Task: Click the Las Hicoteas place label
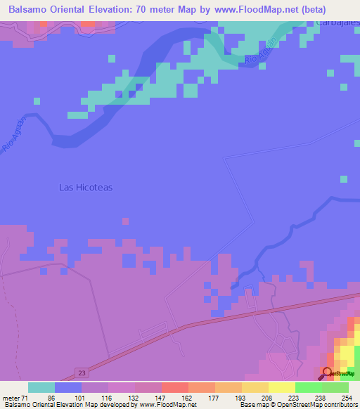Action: coord(86,188)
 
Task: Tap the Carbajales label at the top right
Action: coord(338,23)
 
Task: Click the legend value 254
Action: coord(345,398)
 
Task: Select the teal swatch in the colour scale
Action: coord(41,387)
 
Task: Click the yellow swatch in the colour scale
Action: coord(282,387)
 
